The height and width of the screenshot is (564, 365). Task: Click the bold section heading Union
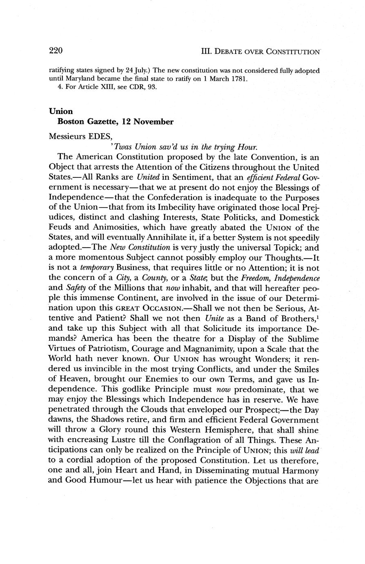[61, 111]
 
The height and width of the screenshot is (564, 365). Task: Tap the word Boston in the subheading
[71, 121]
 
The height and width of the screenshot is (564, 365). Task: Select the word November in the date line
[154, 121]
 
